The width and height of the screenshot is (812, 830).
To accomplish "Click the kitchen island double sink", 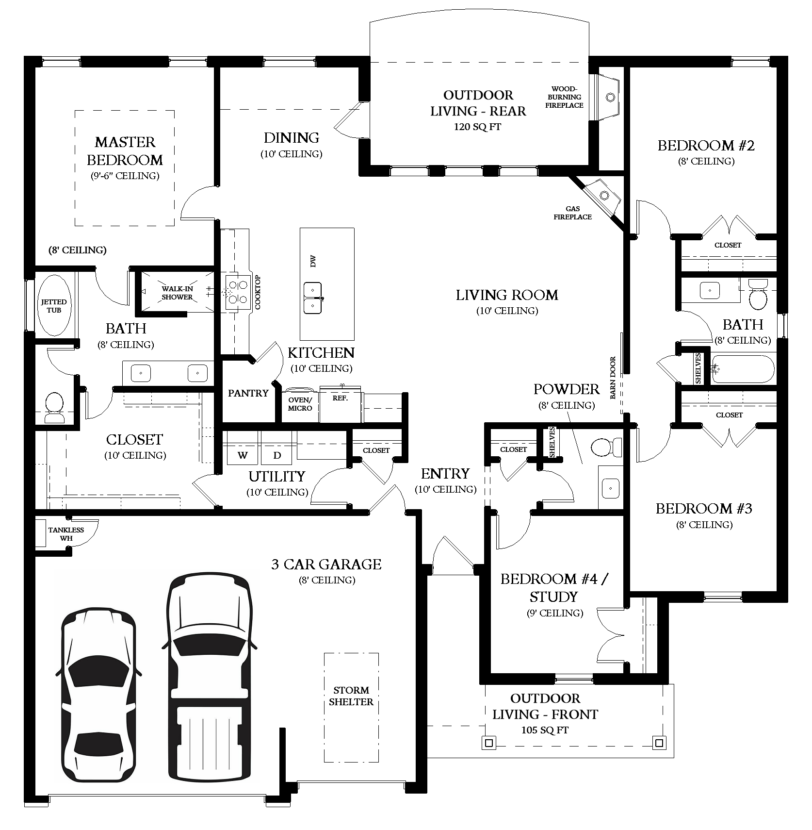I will (313, 298).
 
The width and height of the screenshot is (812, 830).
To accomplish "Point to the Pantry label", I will (248, 393).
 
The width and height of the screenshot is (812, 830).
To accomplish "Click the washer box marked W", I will (243, 455).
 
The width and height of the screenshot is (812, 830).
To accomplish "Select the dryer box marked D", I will (277, 455).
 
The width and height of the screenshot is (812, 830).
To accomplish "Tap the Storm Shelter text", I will (351, 696).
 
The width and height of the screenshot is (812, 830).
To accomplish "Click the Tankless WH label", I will (66, 534).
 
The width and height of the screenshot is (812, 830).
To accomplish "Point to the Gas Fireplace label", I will (572, 213).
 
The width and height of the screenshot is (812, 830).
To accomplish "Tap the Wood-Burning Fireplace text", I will (564, 97).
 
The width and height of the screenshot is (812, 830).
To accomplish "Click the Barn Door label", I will (613, 378).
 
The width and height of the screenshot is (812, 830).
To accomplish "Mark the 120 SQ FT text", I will (478, 127).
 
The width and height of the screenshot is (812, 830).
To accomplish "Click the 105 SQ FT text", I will (545, 730).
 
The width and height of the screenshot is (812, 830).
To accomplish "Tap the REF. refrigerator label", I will (340, 398).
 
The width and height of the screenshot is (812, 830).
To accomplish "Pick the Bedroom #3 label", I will (704, 509).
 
